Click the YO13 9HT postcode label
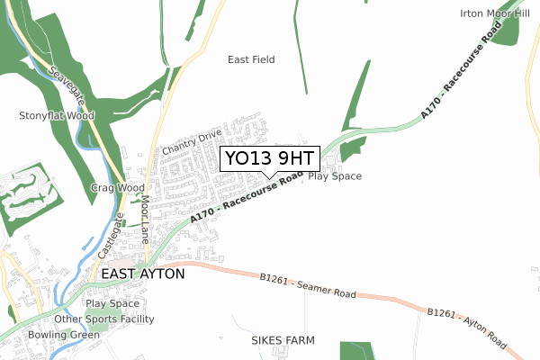pos(270,158)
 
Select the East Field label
pos(251,59)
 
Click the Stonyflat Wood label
pos(57,116)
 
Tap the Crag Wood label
pos(117,187)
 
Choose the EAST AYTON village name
pos(143,273)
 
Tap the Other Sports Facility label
pos(104,319)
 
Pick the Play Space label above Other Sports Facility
pos(112,304)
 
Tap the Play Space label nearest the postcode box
pos(335,176)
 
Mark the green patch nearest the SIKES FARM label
pos(356,351)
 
